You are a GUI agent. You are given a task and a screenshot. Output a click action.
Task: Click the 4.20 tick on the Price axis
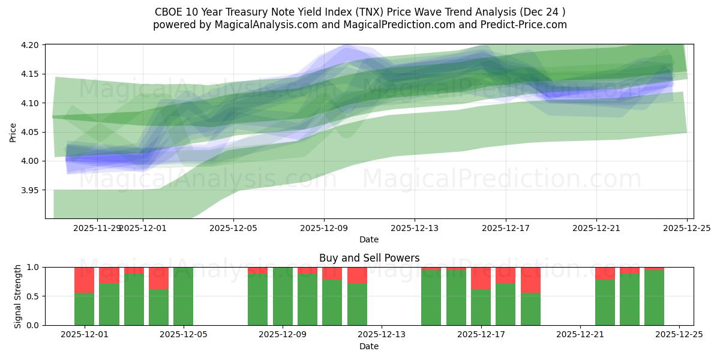tap(31, 45)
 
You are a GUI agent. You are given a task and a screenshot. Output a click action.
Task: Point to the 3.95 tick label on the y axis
tap(31, 190)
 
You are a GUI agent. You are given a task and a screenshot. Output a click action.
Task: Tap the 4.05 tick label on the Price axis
tap(31, 132)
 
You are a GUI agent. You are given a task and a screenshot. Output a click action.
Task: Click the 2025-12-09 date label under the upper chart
tap(324, 228)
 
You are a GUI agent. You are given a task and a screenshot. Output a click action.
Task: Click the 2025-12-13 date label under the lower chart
tap(382, 335)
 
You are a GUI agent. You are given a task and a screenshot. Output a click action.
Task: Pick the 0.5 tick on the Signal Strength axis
tap(34, 296)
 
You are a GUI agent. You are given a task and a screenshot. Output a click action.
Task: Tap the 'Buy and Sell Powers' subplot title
tap(368, 258)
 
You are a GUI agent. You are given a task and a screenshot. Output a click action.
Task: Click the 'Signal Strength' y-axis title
tap(18, 296)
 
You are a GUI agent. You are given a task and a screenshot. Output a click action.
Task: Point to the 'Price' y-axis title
tap(13, 132)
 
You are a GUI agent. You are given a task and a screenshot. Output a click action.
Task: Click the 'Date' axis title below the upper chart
tap(368, 239)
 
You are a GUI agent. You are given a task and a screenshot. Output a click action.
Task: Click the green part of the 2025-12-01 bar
tap(84, 309)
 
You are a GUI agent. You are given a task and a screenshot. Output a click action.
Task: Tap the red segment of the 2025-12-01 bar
tap(84, 280)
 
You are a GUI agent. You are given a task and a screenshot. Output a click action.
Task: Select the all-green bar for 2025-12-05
tap(183, 296)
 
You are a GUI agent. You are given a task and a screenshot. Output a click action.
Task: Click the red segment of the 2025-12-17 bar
tap(481, 278)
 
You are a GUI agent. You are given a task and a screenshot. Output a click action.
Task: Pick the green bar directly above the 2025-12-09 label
tap(283, 296)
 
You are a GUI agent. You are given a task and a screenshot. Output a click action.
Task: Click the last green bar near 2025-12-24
tap(654, 298)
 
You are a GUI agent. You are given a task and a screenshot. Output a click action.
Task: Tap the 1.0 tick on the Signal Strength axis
tap(34, 267)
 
